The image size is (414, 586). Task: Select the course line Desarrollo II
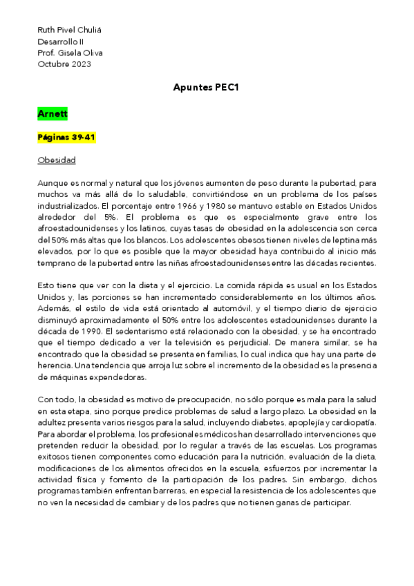pos(59,41)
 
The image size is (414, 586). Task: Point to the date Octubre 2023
pos(64,64)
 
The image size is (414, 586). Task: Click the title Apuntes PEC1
pos(207,88)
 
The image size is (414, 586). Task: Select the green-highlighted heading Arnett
pos(53,113)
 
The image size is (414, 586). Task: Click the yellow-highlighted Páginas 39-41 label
pos(66,137)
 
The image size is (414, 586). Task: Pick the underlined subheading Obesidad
pos(57,160)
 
